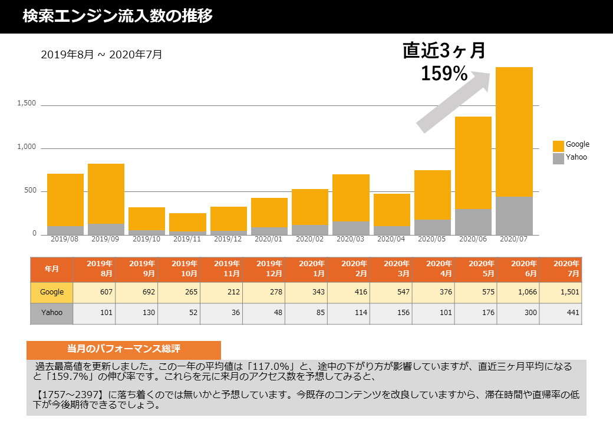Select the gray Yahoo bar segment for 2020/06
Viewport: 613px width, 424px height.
click(473, 222)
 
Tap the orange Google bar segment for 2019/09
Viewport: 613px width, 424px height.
click(106, 193)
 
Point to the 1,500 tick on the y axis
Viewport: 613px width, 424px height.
click(27, 104)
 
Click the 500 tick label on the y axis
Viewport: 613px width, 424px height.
click(30, 191)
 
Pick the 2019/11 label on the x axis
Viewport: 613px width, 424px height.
click(187, 240)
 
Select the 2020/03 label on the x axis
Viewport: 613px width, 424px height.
click(351, 240)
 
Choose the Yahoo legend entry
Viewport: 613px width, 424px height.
click(570, 158)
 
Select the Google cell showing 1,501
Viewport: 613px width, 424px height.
click(561, 292)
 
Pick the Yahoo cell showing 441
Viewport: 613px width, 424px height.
click(561, 313)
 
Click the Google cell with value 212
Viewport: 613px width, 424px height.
click(222, 292)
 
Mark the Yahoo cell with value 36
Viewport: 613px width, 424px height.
click(222, 313)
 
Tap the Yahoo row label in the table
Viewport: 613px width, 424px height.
click(52, 313)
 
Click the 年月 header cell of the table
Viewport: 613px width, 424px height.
click(52, 269)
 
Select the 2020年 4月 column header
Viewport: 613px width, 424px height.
click(434, 269)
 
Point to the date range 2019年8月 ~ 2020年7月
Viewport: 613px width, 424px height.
click(101, 55)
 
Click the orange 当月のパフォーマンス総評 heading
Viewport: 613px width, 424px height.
click(124, 349)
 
